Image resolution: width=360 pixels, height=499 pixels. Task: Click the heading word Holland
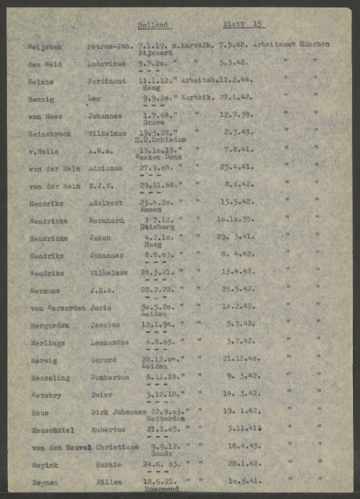click(x=153, y=24)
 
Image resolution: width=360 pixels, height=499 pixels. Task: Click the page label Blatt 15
click(x=243, y=24)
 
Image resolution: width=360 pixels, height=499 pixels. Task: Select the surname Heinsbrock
click(x=50, y=134)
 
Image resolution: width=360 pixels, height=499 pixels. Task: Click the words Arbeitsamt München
click(x=291, y=44)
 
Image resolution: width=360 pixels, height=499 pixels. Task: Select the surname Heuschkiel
click(x=53, y=430)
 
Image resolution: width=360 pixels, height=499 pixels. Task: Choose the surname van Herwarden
click(x=58, y=308)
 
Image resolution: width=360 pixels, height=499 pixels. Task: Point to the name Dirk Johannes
click(x=119, y=412)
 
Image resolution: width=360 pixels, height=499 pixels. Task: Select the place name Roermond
click(x=161, y=489)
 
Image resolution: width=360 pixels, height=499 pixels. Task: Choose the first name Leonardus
click(x=109, y=342)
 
